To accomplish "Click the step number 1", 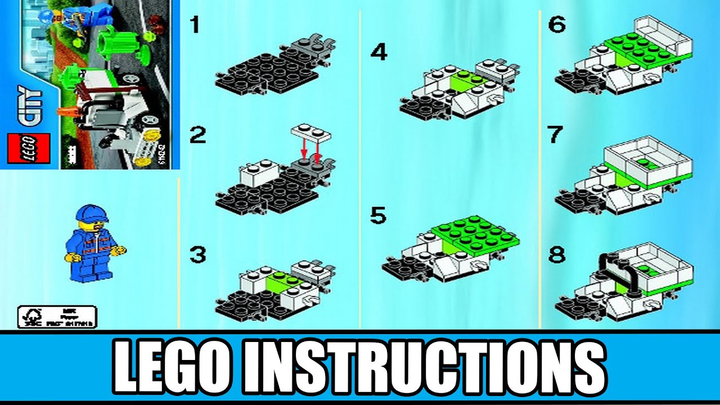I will point(195,25).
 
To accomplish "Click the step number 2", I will point(197,136).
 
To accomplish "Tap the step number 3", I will point(197,255).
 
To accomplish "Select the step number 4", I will point(379,52).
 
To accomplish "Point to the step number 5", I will point(378,215).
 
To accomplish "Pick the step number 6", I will point(556,25).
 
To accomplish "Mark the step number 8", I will point(556,255).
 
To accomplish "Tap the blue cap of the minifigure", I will point(92,213).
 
